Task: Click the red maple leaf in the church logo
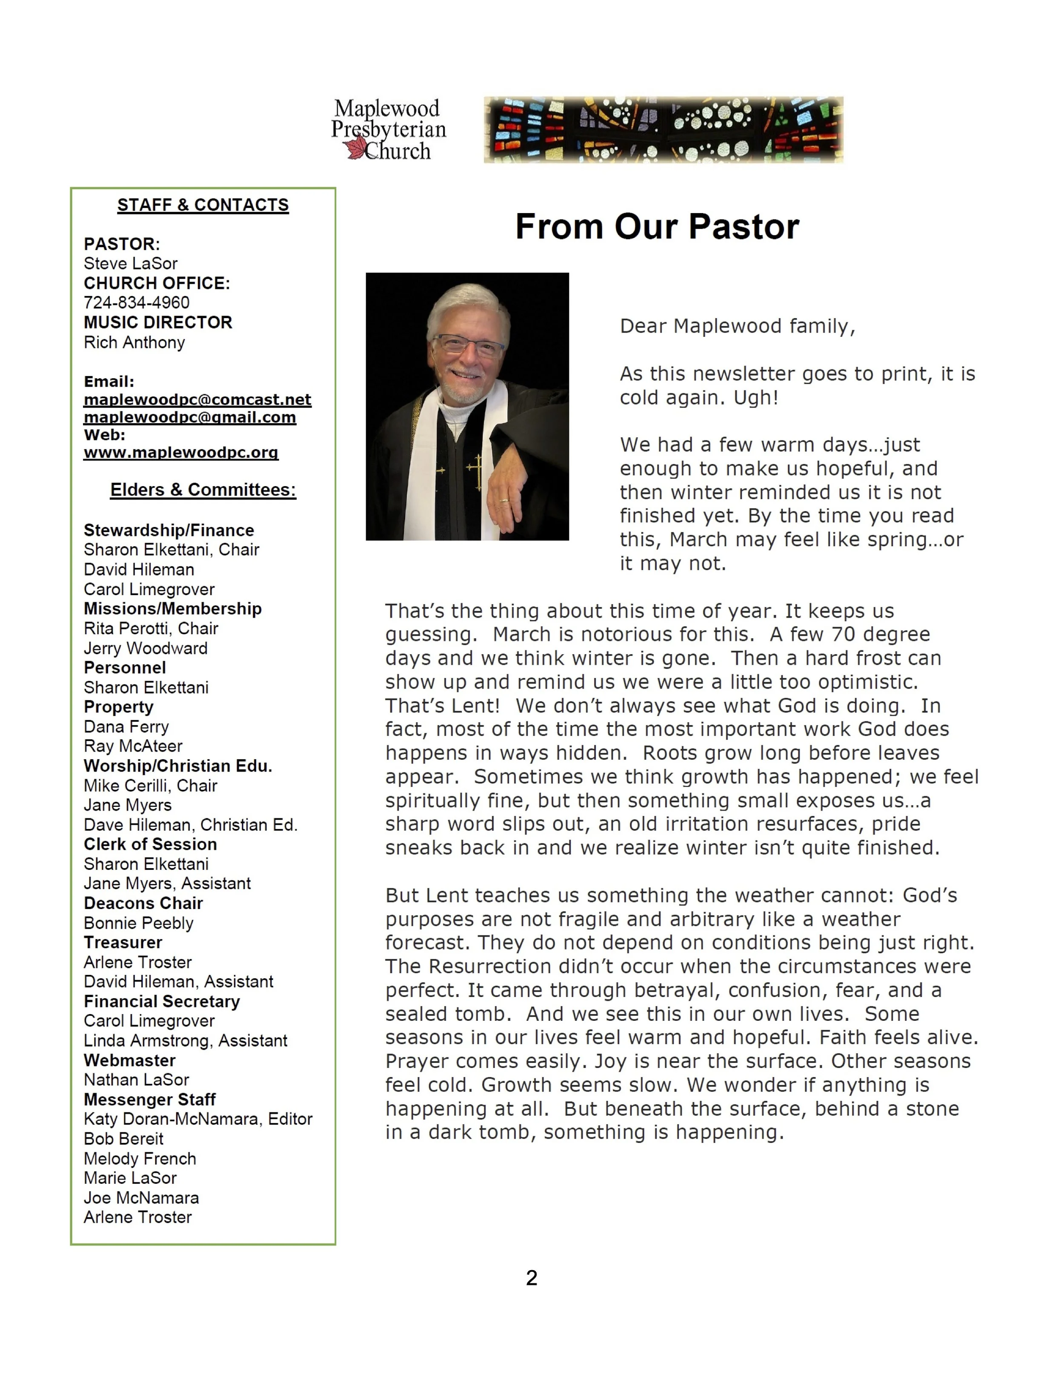[x=355, y=149]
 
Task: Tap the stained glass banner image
[x=663, y=130]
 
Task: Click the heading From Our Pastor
[x=657, y=226]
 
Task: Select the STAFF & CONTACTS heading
[x=203, y=205]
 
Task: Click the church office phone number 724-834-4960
[x=137, y=302]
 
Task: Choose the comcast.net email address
[x=197, y=399]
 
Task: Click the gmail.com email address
[x=190, y=417]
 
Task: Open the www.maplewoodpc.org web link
[x=181, y=453]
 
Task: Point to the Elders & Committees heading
[x=203, y=490]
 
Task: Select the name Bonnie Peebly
[x=139, y=923]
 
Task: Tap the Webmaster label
[x=130, y=1060]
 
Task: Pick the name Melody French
[x=140, y=1159]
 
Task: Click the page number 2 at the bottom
[x=532, y=1278]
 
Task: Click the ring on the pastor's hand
[x=505, y=500]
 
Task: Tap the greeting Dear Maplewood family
[x=738, y=326]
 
